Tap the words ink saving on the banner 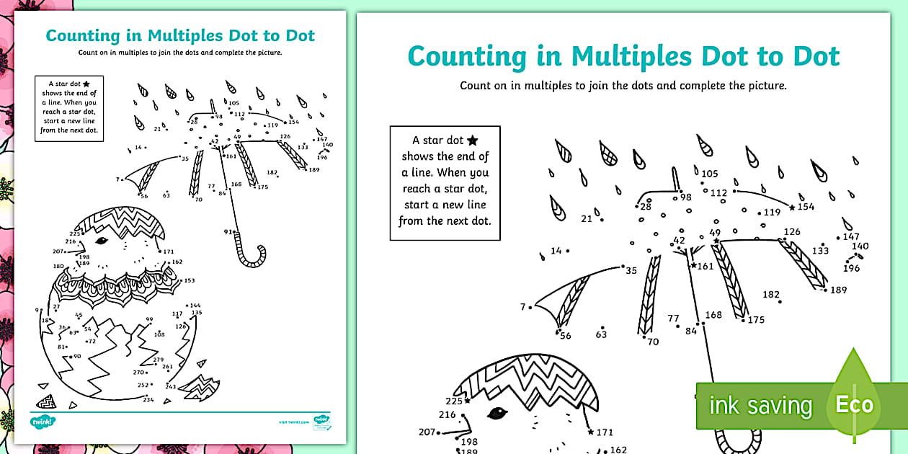(x=760, y=406)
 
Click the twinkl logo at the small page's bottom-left (x=43, y=421)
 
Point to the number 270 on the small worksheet (x=139, y=372)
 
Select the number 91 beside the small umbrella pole (x=228, y=231)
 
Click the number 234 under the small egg (x=148, y=399)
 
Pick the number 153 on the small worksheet (x=190, y=280)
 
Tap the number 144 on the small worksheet (x=195, y=305)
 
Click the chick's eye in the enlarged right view (x=497, y=413)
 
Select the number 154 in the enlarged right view (x=806, y=207)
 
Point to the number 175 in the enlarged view (x=756, y=320)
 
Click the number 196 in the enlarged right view (x=851, y=268)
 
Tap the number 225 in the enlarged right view (x=453, y=401)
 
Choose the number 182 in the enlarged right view (x=771, y=294)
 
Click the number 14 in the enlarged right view (x=556, y=251)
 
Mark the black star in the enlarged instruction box (x=472, y=141)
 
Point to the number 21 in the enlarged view (x=587, y=218)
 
